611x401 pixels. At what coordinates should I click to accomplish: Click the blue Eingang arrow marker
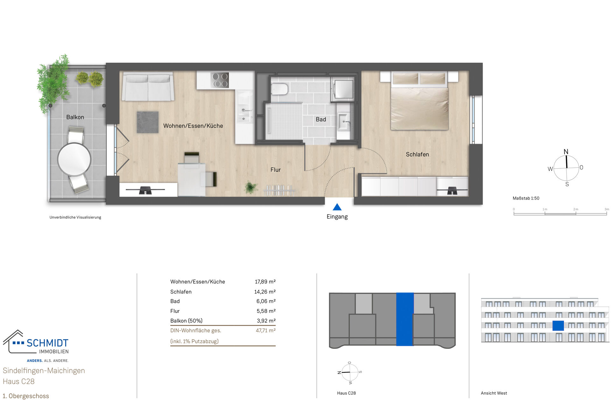[x=337, y=207]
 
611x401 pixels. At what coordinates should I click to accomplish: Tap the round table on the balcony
[x=74, y=159]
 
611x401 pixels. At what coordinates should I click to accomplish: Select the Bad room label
[x=321, y=119]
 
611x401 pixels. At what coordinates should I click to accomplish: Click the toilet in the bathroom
[x=279, y=89]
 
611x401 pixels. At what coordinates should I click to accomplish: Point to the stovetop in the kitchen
[x=220, y=80]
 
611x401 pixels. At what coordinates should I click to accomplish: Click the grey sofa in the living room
[x=148, y=87]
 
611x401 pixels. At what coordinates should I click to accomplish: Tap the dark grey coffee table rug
[x=148, y=122]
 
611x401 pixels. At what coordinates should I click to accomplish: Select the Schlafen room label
[x=417, y=154]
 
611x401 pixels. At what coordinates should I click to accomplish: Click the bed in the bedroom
[x=419, y=102]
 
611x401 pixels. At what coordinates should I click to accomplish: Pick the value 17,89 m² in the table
[x=265, y=282]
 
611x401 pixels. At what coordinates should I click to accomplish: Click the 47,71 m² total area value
[x=265, y=330]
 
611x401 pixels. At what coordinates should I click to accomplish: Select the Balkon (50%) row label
[x=186, y=320]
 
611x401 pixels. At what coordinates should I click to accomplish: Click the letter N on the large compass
[x=566, y=152]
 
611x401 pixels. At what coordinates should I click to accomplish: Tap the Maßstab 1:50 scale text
[x=526, y=198]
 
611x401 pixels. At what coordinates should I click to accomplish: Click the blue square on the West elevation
[x=558, y=326]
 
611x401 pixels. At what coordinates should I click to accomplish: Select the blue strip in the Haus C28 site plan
[x=405, y=319]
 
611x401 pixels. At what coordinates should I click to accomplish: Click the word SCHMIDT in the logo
[x=47, y=343]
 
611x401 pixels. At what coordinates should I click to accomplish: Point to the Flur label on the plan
[x=275, y=170]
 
